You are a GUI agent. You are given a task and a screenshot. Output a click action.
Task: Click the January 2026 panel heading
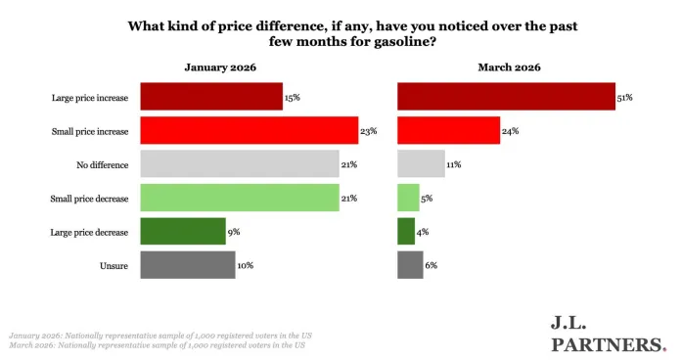tap(222, 67)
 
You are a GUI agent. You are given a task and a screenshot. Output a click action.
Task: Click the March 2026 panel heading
tap(509, 67)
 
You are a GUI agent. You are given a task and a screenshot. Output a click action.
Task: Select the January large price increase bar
tap(211, 97)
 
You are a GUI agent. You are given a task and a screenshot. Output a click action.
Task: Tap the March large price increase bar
tap(506, 97)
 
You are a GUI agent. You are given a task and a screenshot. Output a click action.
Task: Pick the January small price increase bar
tap(250, 130)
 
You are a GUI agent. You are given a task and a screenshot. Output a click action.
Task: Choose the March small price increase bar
tap(448, 130)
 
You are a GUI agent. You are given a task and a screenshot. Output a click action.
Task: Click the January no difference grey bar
tap(240, 163)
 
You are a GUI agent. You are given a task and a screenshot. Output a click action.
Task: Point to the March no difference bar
tap(421, 163)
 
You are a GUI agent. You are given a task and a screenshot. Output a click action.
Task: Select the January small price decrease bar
tap(240, 198)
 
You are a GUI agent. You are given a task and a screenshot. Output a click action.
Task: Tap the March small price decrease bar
tap(408, 198)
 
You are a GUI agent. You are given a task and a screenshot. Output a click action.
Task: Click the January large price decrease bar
tap(183, 231)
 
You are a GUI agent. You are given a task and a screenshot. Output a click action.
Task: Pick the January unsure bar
tap(188, 265)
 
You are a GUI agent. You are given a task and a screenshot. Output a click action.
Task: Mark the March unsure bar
tap(410, 265)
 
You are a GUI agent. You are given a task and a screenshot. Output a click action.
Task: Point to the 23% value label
tap(370, 130)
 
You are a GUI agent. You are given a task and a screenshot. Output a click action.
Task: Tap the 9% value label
tap(234, 231)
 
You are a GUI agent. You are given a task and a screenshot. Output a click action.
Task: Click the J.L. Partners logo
tap(608, 333)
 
